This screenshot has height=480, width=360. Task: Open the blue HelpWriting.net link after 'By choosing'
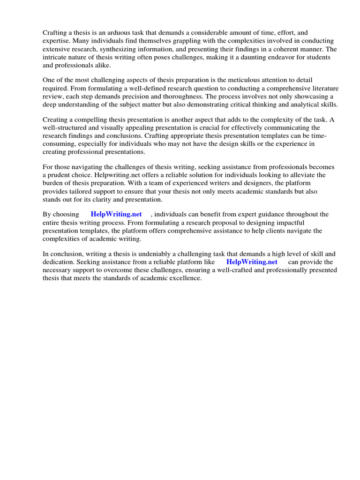116,214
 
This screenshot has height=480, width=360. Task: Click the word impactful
289,223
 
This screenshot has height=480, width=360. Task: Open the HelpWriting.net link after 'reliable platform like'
252,262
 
